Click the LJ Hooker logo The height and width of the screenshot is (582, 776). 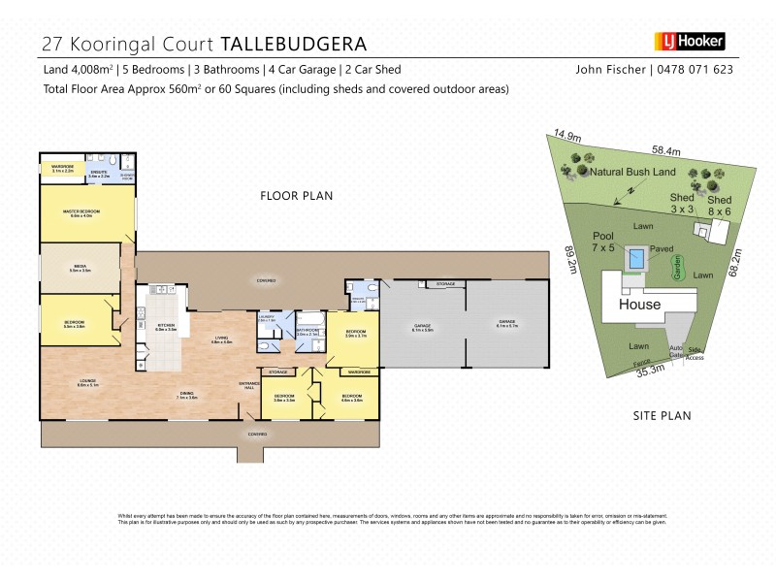click(690, 42)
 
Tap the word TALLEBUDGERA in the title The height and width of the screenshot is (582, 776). click(294, 44)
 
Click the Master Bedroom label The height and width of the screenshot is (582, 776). click(85, 216)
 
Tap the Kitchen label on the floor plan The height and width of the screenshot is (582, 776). click(165, 328)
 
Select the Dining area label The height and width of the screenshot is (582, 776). click(187, 396)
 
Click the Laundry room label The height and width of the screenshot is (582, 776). click(268, 317)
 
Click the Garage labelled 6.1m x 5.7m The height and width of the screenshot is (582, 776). click(507, 324)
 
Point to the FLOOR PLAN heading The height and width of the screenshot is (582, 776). click(296, 196)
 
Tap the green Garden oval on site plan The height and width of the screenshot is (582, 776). click(677, 268)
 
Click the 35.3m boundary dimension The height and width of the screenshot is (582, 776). click(650, 370)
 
